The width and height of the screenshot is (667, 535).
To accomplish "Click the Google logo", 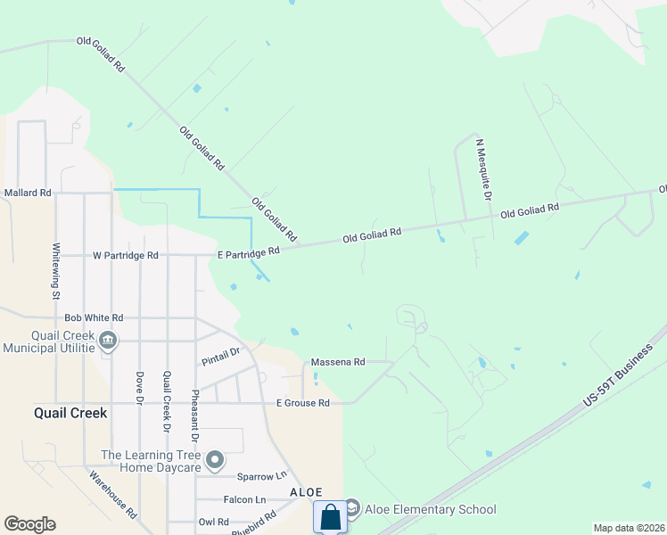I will (x=29, y=524).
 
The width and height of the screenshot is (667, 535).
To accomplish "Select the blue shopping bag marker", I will (x=330, y=517).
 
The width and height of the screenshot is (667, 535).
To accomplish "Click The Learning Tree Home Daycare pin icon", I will (x=215, y=461).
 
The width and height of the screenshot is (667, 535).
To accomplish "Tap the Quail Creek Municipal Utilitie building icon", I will (x=108, y=339).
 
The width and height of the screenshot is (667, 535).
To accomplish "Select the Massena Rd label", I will (x=337, y=362).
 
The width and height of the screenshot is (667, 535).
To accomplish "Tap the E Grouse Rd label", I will (x=303, y=403).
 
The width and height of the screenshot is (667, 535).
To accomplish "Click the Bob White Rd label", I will (x=94, y=317).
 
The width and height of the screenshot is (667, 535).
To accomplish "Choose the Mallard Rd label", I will (x=28, y=192).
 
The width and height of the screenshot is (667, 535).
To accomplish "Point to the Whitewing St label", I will (x=55, y=271).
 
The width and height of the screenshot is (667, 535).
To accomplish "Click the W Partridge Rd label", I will (x=125, y=255).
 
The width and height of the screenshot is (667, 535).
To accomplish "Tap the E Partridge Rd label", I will (x=249, y=253).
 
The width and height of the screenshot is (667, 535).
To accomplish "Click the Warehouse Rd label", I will (x=112, y=495).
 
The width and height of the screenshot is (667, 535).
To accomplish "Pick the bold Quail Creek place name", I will (x=70, y=413).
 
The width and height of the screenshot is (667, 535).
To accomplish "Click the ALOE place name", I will (x=305, y=492).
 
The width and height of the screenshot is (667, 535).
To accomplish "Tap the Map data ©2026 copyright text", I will (x=629, y=528).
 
